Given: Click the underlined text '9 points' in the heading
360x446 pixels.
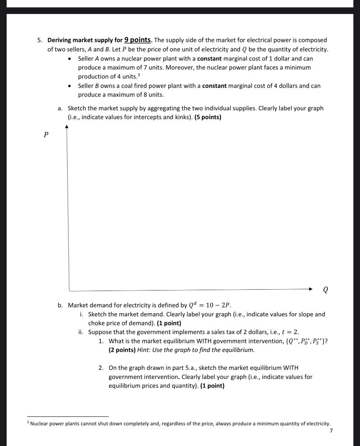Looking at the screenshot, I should coord(137,40).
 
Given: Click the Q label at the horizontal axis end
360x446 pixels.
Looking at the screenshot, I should coord(326,290).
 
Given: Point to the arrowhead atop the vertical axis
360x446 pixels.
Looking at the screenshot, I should coord(67,127).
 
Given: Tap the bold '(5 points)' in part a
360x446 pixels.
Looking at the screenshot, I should coord(207,117).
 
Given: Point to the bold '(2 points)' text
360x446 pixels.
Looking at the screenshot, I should coord(122,349).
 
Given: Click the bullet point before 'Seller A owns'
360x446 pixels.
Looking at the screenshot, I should coord(71,58).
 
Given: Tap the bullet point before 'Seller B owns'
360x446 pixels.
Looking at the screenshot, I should coord(71,86).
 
